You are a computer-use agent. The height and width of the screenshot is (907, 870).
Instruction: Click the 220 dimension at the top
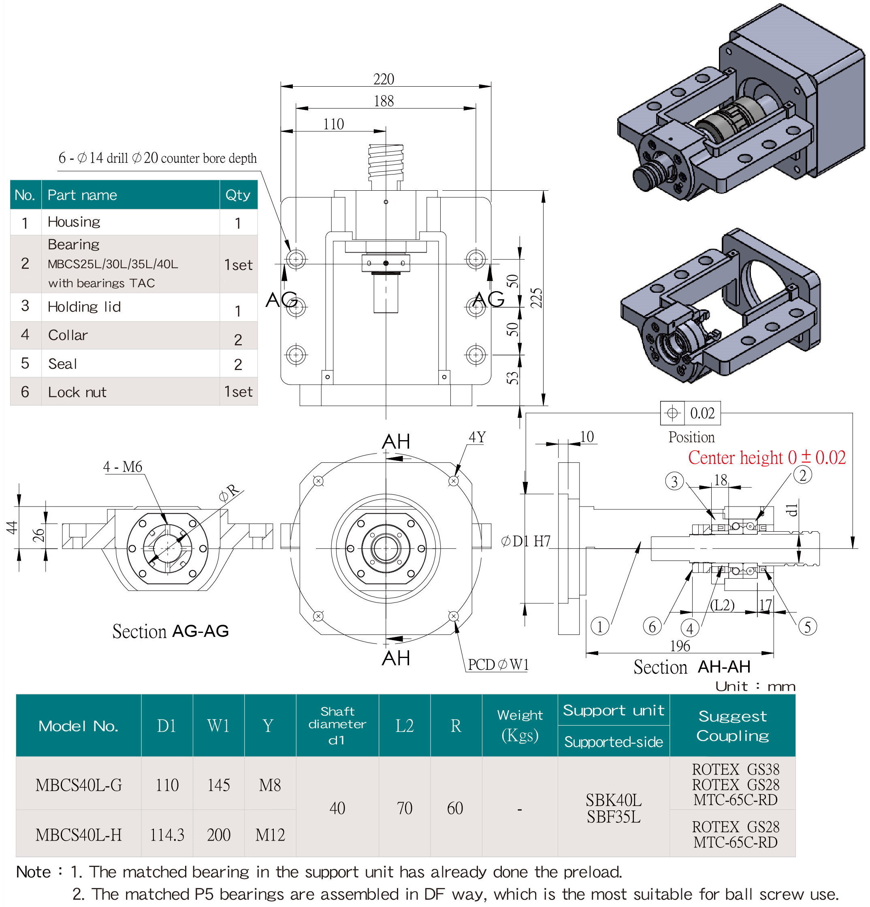click(384, 79)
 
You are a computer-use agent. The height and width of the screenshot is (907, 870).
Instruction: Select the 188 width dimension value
click(384, 101)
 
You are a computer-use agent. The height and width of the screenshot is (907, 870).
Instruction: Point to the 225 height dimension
click(536, 298)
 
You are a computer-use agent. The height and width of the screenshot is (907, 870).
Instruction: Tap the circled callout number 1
click(600, 626)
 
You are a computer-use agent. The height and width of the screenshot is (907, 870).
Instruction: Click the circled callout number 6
click(652, 626)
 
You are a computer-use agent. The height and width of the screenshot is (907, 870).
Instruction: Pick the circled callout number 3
click(674, 481)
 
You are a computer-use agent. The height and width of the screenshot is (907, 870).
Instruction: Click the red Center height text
click(766, 458)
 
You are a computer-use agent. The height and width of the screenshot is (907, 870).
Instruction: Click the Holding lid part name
click(84, 307)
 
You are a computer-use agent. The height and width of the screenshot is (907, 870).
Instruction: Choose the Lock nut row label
click(77, 392)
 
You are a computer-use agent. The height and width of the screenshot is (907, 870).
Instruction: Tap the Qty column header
click(238, 195)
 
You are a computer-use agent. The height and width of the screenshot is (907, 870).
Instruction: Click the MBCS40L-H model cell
click(79, 835)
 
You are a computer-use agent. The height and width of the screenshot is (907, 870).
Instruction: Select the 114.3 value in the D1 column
click(167, 835)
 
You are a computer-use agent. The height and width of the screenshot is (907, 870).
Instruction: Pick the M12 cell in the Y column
click(270, 835)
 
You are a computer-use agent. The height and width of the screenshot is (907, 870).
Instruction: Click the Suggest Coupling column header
click(733, 726)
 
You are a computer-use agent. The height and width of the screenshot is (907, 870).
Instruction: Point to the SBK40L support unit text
click(614, 800)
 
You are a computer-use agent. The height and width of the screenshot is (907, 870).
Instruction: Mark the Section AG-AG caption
click(170, 631)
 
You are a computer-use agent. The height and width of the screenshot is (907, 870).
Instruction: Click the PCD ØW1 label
click(498, 664)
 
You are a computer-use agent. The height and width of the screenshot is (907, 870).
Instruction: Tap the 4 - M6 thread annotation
click(123, 466)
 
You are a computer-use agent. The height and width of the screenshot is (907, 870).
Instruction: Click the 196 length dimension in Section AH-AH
click(680, 645)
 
